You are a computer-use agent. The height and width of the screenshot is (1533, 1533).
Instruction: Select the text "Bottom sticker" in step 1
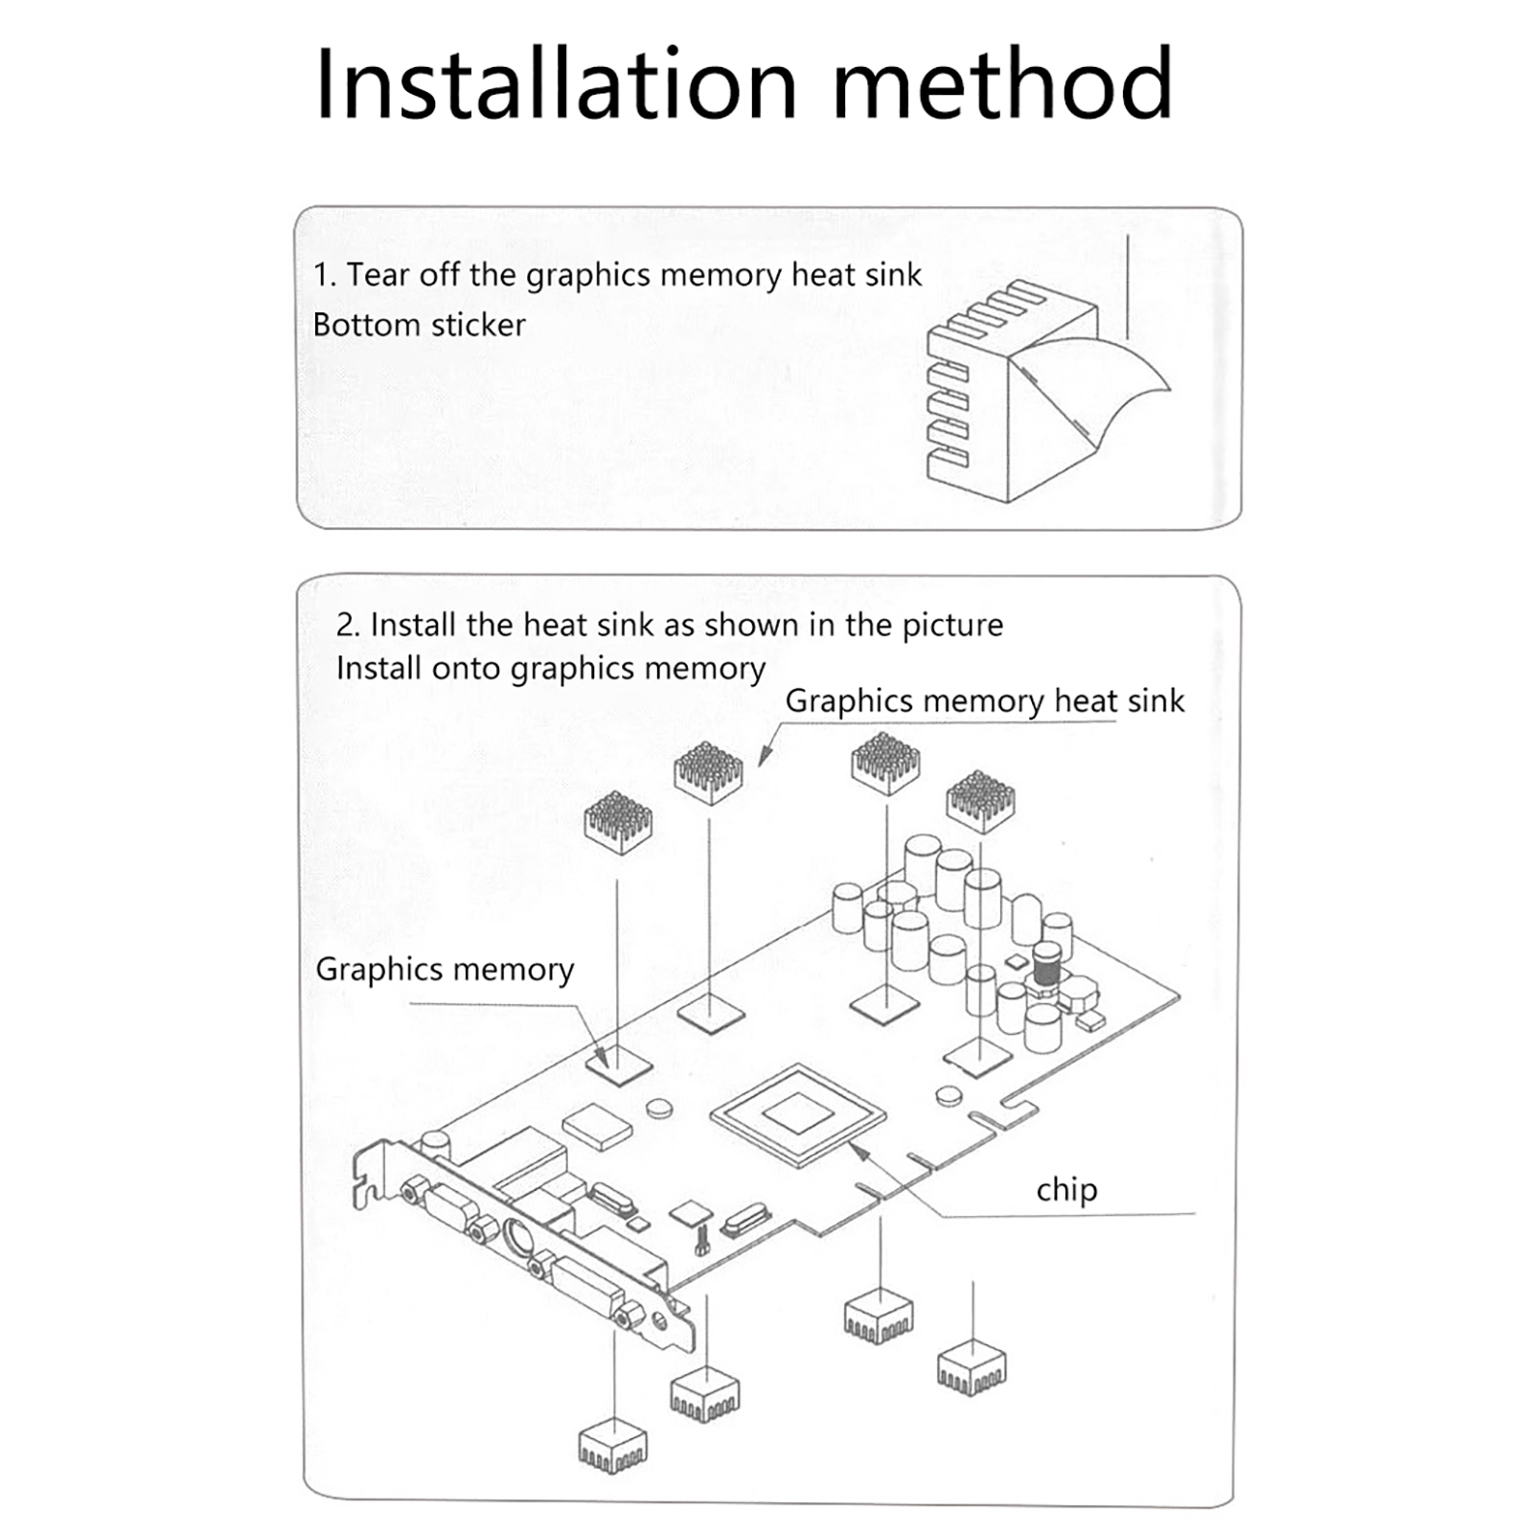[419, 325]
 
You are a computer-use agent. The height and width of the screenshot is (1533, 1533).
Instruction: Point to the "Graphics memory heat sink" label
[984, 701]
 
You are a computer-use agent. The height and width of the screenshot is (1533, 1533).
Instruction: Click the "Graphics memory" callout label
[445, 970]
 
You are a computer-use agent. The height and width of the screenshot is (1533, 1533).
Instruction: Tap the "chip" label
[1066, 1190]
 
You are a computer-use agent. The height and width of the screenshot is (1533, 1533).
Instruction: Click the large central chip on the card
[797, 1115]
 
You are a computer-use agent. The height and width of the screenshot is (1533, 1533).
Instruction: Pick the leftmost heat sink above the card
[618, 822]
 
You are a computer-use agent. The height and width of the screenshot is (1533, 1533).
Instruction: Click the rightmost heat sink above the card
[980, 800]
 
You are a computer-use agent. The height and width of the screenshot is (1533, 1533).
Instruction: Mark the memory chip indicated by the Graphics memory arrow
[619, 1064]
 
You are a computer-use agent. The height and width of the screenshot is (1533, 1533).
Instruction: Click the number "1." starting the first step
[325, 275]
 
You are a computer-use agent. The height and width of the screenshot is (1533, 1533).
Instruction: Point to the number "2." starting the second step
[348, 625]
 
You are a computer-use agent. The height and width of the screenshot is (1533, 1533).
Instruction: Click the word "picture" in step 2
[952, 625]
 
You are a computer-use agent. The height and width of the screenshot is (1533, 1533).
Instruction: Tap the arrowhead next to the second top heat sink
[764, 757]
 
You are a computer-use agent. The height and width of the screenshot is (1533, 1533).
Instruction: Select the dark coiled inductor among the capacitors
[1046, 968]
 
